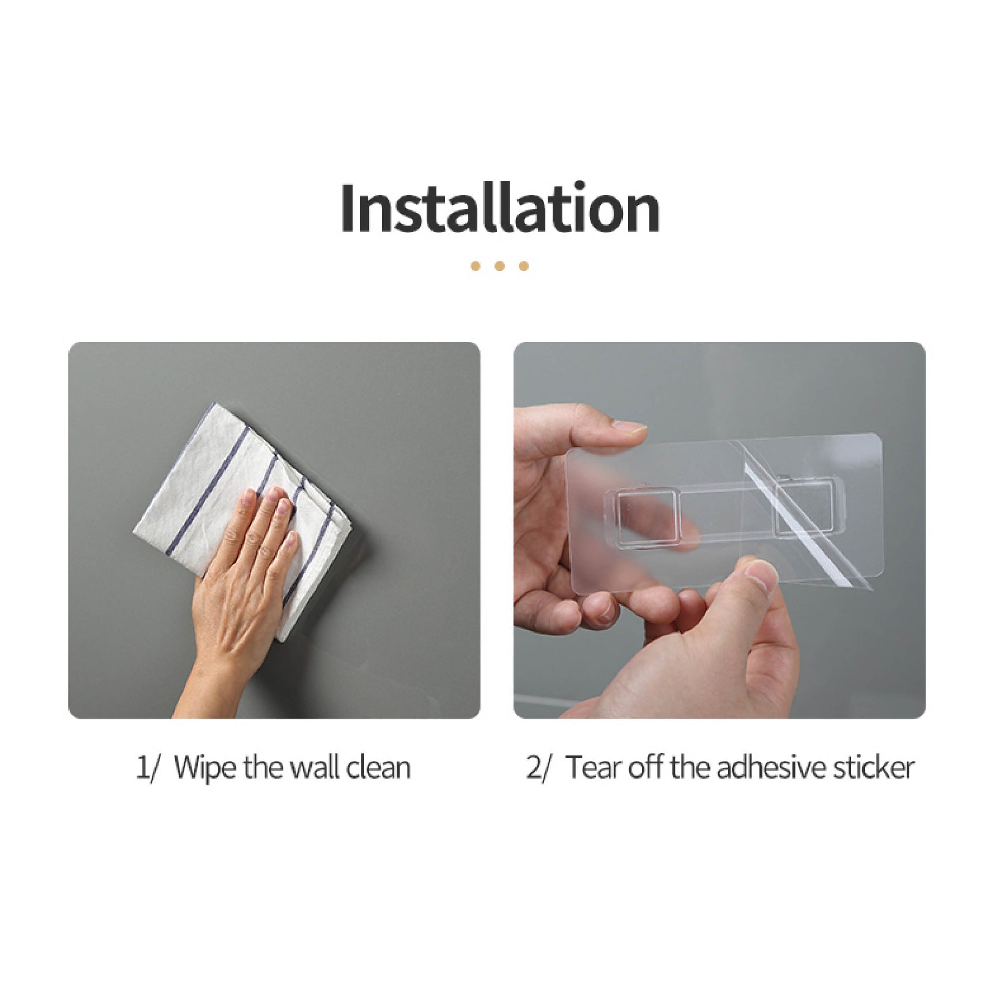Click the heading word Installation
click(500, 209)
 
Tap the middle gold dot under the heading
click(500, 266)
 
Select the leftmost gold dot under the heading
click(476, 266)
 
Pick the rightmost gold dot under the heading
click(524, 266)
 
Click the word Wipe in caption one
click(206, 768)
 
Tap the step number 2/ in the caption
click(537, 768)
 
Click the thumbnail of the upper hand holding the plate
click(629, 427)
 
